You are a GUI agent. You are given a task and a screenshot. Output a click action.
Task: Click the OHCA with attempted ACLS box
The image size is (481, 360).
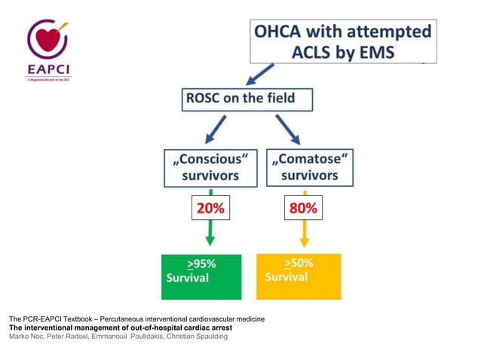342,41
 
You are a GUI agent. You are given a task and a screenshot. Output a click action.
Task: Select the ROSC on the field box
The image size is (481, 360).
247,99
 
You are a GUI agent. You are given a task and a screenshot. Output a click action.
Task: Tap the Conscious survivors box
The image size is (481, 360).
210,167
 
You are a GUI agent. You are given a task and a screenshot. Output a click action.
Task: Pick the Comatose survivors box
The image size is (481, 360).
305,167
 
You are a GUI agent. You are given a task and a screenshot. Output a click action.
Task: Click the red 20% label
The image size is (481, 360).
210,209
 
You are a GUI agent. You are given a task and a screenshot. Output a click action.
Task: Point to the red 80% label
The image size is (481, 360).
305,209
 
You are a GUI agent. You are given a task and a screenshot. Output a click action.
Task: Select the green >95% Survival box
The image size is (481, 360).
201,276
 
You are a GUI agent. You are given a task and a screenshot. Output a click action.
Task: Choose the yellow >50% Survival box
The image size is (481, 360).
299,276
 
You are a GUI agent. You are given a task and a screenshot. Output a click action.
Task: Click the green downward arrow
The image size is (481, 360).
210,234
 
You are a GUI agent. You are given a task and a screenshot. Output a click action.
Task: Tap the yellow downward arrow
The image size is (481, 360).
305,234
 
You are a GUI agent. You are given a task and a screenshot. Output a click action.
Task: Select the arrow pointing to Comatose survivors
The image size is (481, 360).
286,129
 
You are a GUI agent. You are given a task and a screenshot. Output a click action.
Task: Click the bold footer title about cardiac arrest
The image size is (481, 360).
121,328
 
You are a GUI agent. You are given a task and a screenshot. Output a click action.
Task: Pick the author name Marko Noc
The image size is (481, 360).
27,336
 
